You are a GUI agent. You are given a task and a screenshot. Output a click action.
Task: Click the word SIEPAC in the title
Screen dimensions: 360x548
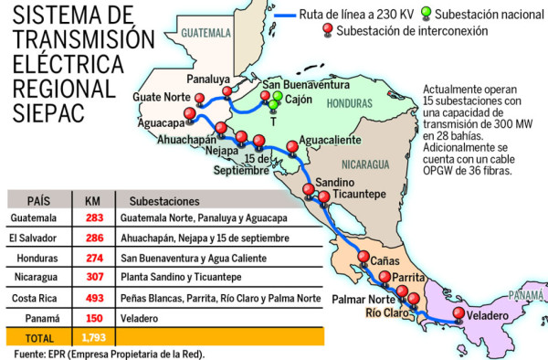coord(47,111)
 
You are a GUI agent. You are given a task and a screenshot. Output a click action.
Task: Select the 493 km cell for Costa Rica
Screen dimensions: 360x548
coord(92,299)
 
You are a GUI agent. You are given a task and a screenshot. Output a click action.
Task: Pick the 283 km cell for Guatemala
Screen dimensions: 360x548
coord(92,218)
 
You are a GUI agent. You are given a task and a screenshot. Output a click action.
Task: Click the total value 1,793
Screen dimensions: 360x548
coord(92,339)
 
